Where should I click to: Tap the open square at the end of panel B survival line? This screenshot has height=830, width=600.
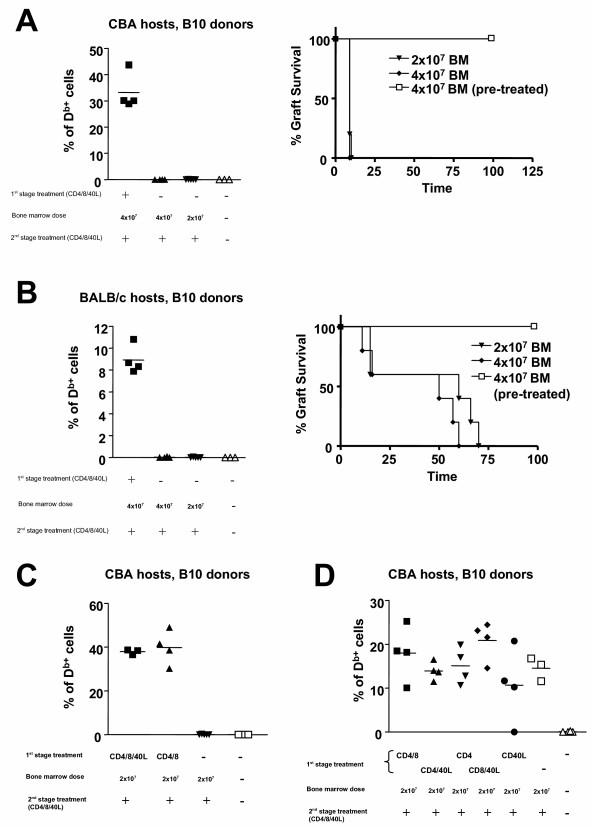coord(534,326)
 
